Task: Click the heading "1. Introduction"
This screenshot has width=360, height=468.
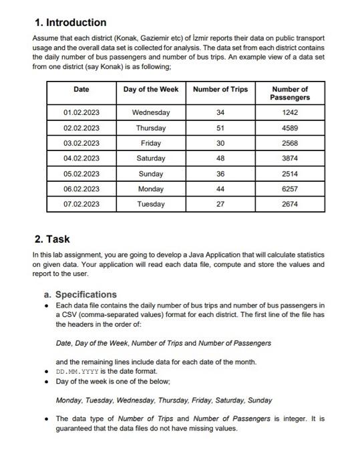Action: pyautogui.click(x=69, y=23)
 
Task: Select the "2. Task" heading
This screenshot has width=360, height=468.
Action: pyautogui.click(x=52, y=239)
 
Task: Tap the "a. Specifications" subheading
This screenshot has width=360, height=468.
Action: pyautogui.click(x=80, y=294)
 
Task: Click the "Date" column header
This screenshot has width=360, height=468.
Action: pyautogui.click(x=81, y=90)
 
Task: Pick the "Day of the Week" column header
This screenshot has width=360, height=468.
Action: pyautogui.click(x=151, y=90)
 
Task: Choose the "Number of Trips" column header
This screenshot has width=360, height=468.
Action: pyautogui.click(x=220, y=90)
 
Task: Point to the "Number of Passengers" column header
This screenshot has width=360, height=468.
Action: pyautogui.click(x=290, y=94)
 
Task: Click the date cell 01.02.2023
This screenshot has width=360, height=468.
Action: pyautogui.click(x=81, y=112)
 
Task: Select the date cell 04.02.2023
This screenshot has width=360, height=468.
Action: pyautogui.click(x=81, y=158)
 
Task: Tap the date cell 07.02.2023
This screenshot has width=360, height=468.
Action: pyautogui.click(x=81, y=204)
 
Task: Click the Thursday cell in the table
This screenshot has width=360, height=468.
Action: pyautogui.click(x=151, y=128)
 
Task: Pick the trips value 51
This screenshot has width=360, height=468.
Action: pyautogui.click(x=220, y=128)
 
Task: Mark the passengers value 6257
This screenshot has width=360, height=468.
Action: pyautogui.click(x=290, y=189)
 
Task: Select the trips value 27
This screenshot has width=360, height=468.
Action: pyautogui.click(x=220, y=204)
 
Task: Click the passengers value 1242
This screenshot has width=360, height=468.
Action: pyautogui.click(x=290, y=112)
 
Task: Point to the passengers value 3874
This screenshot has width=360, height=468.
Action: pyautogui.click(x=290, y=158)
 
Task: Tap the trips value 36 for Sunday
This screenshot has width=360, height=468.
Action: pyautogui.click(x=220, y=174)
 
